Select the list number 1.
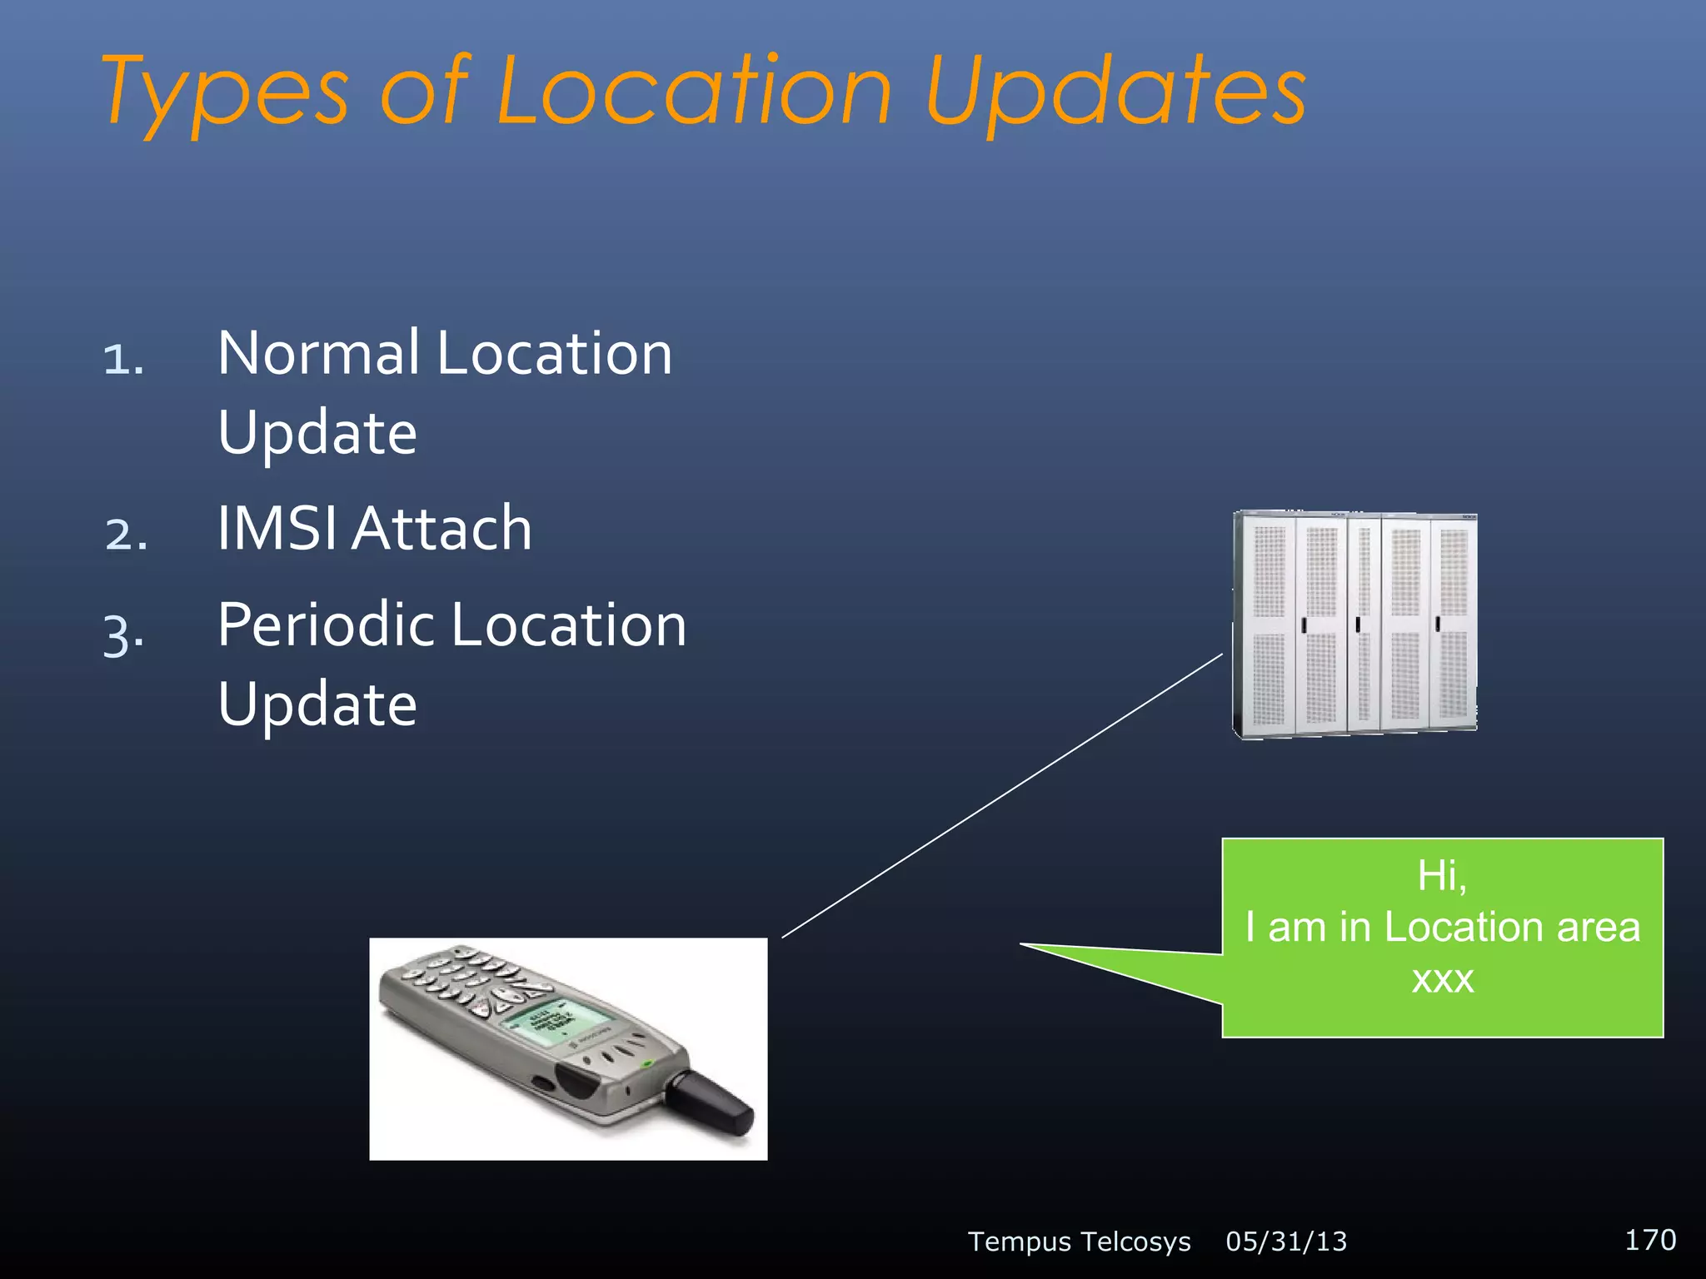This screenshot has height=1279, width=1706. [x=123, y=360]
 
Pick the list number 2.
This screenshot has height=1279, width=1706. [x=127, y=535]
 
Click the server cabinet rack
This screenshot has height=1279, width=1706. [x=1354, y=625]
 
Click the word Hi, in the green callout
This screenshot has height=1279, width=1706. [x=1442, y=876]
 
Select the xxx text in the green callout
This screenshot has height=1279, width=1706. [x=1442, y=979]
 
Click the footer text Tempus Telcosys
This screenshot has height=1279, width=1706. [x=1079, y=1242]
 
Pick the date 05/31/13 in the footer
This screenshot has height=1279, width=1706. [x=1286, y=1242]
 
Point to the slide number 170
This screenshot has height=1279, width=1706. [x=1649, y=1240]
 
